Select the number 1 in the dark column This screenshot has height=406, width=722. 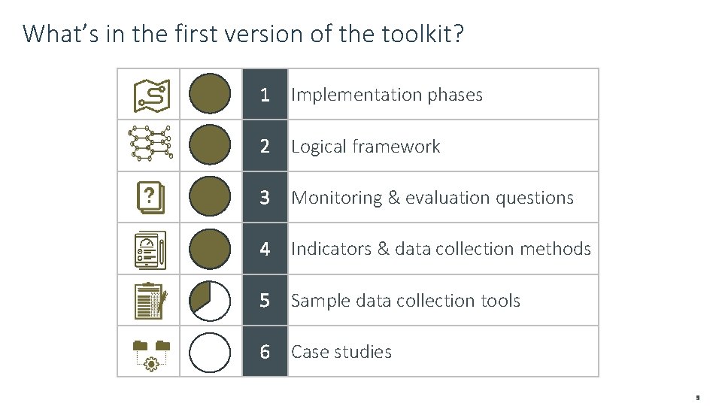(264, 95)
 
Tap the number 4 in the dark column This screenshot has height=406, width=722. (264, 249)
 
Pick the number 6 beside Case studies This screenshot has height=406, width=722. (264, 352)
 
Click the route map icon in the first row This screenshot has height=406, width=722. (150, 95)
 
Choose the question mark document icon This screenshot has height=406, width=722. (150, 198)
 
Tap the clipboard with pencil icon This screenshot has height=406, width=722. (150, 301)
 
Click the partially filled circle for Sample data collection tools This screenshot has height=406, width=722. (210, 301)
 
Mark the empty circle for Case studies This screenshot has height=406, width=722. (210, 352)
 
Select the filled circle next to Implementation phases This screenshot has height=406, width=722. (210, 94)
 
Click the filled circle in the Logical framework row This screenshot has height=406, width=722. (210, 145)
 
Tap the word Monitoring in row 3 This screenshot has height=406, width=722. (336, 198)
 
